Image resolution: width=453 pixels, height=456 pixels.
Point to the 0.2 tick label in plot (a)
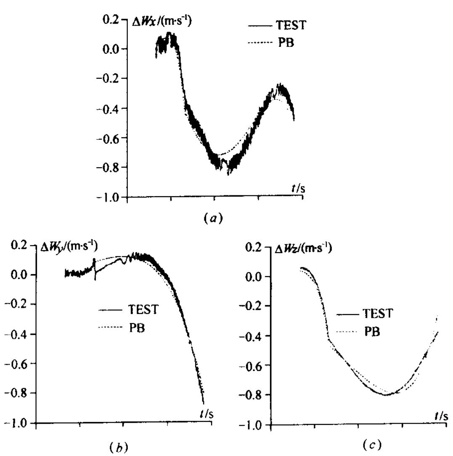(112, 20)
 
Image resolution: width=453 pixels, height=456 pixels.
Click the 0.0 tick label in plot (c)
(254, 277)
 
